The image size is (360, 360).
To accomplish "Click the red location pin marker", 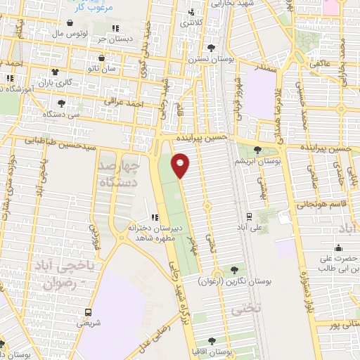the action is click(x=181, y=165).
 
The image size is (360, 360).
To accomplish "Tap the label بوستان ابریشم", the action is click(x=258, y=162).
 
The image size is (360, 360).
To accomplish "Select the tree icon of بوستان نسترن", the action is click(x=212, y=48).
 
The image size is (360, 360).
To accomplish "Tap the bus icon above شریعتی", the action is click(x=89, y=311).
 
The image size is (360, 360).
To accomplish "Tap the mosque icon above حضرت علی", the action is click(x=338, y=247).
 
